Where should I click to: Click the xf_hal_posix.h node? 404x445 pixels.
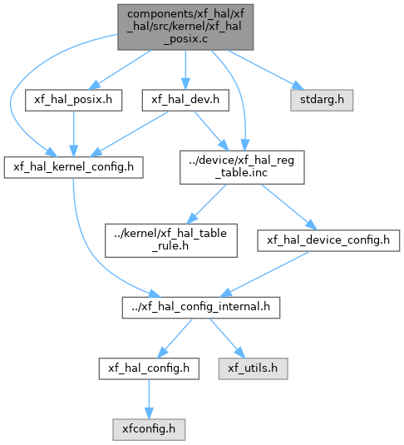pos(73,100)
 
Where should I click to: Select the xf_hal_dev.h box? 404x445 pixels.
pos(185,100)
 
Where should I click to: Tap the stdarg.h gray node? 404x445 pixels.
pos(322,100)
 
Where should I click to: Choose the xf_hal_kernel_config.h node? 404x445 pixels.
pos(73,167)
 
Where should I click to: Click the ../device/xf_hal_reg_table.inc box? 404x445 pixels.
pos(242,167)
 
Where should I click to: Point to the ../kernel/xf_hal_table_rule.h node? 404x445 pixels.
pos(171,240)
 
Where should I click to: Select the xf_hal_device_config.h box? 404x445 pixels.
pos(328,240)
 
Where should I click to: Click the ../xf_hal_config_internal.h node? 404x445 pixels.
pos(201,308)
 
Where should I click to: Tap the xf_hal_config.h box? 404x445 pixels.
pos(149,368)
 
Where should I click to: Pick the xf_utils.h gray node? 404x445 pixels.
pos(253,368)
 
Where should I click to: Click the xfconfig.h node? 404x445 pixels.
pos(149,430)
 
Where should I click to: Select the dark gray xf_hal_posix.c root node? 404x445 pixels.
pos(185,27)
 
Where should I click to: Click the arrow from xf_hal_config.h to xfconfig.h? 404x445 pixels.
pos(149,399)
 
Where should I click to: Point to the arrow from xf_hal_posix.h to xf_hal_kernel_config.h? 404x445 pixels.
pos(73,134)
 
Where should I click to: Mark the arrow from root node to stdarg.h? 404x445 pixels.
pos(265,70)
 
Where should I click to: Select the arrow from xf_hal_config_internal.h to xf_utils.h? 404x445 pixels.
pos(227,339)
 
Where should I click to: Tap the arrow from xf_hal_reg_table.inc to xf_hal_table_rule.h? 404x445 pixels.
pos(207,204)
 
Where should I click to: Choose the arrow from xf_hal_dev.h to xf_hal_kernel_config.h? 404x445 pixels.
pos(129,134)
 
